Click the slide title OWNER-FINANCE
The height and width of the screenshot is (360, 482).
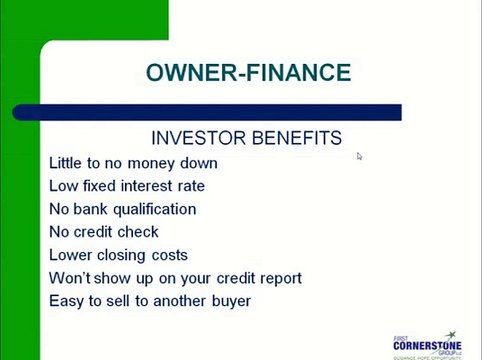point(248,73)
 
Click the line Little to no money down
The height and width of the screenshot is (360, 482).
point(133,163)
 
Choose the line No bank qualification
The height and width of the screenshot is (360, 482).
point(122,209)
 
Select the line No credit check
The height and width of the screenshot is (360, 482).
point(104,232)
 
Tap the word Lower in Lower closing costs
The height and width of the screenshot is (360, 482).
point(70,255)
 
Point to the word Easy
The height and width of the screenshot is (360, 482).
point(66,301)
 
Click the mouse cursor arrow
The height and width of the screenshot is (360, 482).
point(359,156)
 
